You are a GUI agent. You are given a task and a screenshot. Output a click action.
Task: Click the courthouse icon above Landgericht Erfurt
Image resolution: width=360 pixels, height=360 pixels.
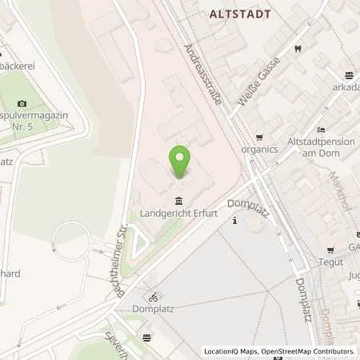(x=176, y=200)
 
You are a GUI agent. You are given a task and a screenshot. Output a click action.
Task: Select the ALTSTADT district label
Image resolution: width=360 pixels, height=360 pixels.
(x=240, y=14)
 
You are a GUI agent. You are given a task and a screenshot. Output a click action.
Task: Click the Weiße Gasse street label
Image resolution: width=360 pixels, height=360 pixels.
(x=261, y=82)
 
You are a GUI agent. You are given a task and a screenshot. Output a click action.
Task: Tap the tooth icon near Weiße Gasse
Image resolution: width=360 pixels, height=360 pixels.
(x=298, y=49)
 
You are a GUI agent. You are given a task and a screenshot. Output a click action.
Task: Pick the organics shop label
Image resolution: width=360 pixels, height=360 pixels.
(x=260, y=149)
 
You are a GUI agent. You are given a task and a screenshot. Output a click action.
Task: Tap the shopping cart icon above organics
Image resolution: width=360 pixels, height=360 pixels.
(x=259, y=136)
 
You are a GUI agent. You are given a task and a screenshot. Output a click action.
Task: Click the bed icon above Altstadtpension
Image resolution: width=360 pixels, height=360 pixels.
(x=321, y=130)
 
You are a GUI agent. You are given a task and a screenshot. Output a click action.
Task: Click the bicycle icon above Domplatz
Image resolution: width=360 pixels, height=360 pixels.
(x=152, y=297)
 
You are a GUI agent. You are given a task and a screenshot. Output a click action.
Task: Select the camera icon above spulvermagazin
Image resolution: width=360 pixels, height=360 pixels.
(x=22, y=103)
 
